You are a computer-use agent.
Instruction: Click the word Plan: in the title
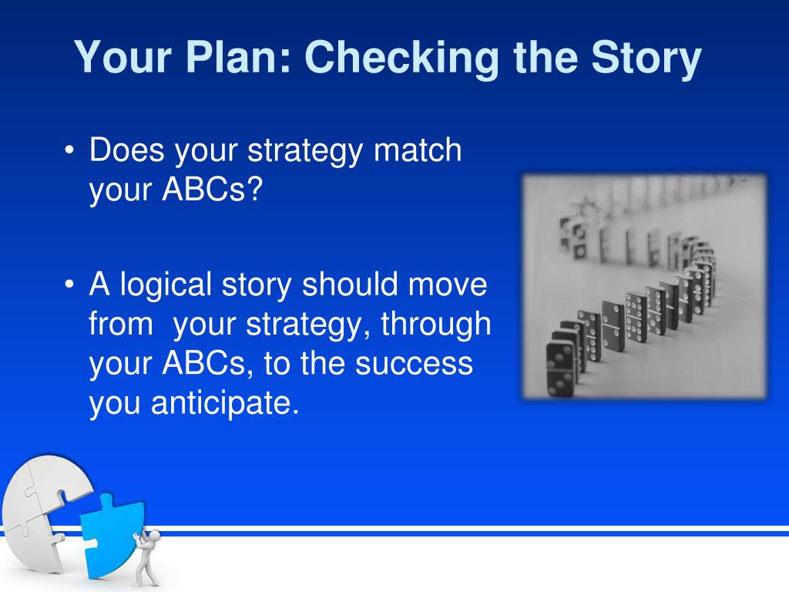[239, 57]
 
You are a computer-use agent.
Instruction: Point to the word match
[418, 150]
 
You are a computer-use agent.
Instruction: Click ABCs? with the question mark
[213, 190]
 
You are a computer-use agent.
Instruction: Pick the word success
[414, 364]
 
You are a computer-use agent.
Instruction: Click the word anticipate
[225, 404]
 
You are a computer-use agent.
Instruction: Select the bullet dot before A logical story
[69, 285]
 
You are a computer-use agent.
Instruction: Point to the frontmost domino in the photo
[560, 368]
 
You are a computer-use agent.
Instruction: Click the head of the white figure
[154, 536]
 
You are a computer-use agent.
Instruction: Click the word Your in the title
[123, 57]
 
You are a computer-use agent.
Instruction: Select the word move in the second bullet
[448, 284]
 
